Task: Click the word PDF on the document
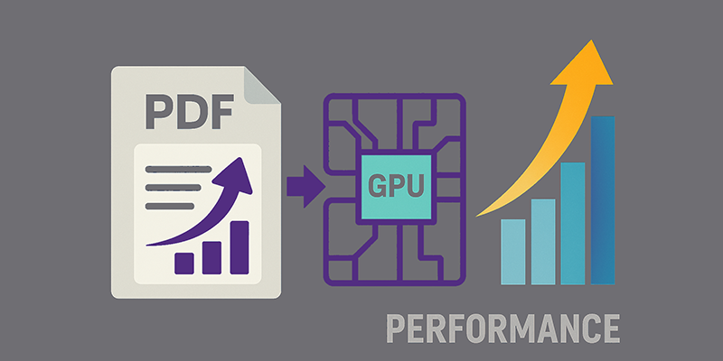click(x=190, y=112)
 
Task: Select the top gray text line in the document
click(x=178, y=169)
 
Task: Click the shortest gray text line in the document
click(x=170, y=206)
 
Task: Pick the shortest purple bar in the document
click(x=184, y=264)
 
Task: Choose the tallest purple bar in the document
click(x=239, y=247)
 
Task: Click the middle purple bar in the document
click(x=211, y=258)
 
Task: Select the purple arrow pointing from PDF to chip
click(x=306, y=187)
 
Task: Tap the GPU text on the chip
click(x=396, y=187)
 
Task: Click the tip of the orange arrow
click(x=591, y=40)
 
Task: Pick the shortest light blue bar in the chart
click(x=512, y=252)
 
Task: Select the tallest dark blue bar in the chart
click(x=603, y=200)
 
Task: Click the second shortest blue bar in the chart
click(x=543, y=242)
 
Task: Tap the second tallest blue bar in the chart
click(x=573, y=223)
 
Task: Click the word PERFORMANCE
click(x=503, y=329)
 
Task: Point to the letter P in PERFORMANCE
click(x=396, y=329)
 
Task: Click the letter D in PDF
click(x=190, y=112)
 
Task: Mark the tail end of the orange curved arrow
click(x=476, y=216)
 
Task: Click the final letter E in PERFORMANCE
click(x=610, y=329)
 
